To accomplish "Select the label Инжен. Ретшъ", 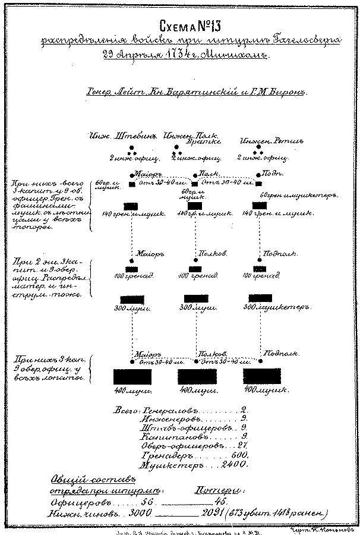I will [x=264, y=141].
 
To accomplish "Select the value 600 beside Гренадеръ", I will [x=238, y=454].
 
